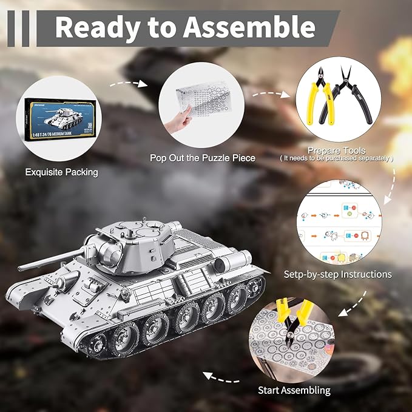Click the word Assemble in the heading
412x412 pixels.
pyautogui.click(x=251, y=27)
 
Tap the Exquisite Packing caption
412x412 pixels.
pyautogui.click(x=61, y=172)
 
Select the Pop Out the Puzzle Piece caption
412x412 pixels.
pyautogui.click(x=203, y=158)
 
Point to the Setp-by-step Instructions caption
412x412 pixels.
pyautogui.click(x=337, y=274)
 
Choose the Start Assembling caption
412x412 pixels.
pyautogui.click(x=294, y=390)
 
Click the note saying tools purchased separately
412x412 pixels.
pyautogui.click(x=336, y=158)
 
